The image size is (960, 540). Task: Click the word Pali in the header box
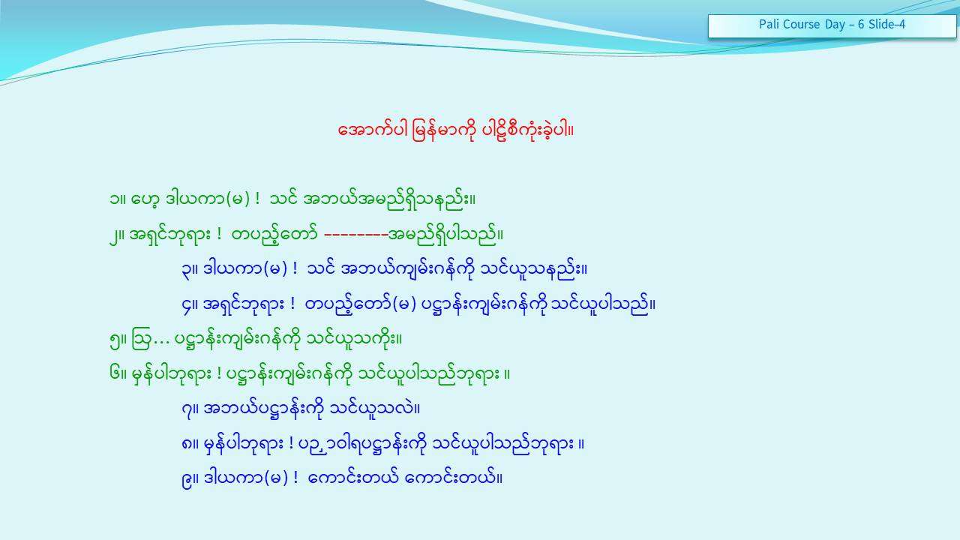768,24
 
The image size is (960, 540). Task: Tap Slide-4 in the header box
886,24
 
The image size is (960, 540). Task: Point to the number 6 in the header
861,25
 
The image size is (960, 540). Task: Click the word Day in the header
835,25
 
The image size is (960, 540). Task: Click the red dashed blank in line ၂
355,235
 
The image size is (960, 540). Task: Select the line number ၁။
118,199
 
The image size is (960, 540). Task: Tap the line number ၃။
190,271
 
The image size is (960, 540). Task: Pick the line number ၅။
118,340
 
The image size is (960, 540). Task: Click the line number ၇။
190,409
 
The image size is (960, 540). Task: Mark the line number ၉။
190,478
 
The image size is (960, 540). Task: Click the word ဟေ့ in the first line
145,199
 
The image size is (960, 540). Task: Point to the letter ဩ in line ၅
140,339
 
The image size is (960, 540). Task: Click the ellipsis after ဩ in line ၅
161,343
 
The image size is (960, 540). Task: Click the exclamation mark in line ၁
256,199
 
